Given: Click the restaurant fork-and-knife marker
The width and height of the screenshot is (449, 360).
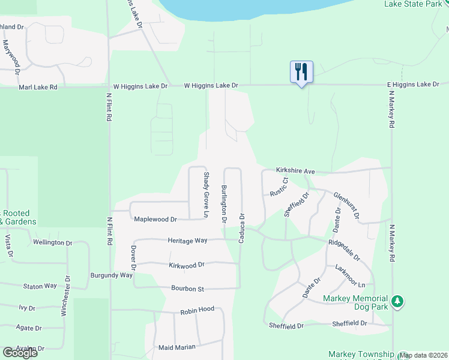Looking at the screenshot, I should point(301,72).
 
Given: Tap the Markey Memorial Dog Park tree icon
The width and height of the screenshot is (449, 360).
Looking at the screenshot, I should point(397,302).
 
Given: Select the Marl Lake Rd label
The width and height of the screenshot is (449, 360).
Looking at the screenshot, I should point(38,87).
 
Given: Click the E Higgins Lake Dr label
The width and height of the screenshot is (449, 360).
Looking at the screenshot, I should point(414,85).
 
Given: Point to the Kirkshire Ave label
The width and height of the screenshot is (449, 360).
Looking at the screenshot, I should point(295,171).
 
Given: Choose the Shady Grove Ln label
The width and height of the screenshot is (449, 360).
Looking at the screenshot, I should point(206,195).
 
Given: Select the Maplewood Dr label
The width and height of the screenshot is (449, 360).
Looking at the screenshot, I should point(155,220).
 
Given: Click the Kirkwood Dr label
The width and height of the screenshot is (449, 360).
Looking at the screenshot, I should point(187,264).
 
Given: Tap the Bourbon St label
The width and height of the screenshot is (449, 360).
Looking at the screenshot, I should point(188,289).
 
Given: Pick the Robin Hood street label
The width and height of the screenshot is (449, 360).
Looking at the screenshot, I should point(197,310).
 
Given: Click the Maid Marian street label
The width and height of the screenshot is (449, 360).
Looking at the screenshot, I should point(178,347).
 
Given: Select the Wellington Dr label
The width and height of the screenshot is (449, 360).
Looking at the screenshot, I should point(52,242).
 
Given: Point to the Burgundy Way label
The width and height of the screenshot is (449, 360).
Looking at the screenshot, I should point(111,275).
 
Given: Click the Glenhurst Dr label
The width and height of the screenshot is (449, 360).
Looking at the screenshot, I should point(348,205).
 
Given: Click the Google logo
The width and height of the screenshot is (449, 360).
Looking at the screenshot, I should point(20,353).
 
